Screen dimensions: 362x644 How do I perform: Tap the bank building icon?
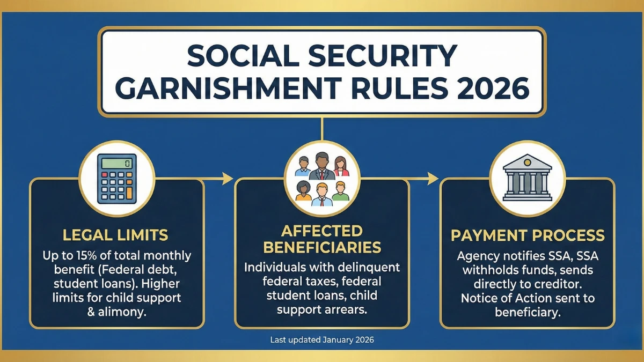[x=527, y=178]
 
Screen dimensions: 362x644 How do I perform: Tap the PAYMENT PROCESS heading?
[x=528, y=235]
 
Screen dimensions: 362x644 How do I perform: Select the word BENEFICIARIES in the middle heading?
[x=322, y=247]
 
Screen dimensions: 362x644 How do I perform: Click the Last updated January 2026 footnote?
[x=322, y=340]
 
